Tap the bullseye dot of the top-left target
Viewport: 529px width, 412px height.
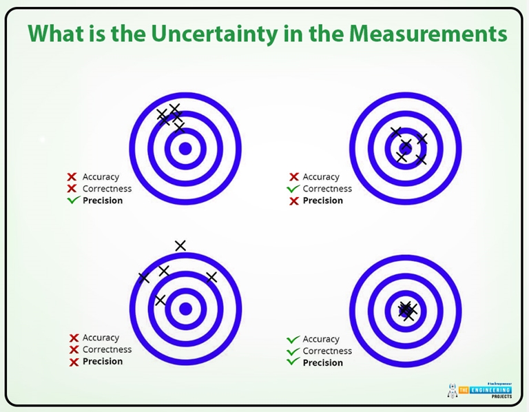tap(185, 148)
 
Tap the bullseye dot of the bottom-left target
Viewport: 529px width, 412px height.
tap(185, 309)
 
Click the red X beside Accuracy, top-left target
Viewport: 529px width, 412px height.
tap(72, 177)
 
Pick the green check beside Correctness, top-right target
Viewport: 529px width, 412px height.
tap(293, 189)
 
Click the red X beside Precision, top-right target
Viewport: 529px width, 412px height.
tap(293, 200)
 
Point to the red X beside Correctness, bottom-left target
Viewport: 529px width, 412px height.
tap(74, 349)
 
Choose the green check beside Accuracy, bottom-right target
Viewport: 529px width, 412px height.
tap(293, 339)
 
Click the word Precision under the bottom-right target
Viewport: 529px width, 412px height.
tap(322, 362)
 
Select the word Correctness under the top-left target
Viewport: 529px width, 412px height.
tap(107, 189)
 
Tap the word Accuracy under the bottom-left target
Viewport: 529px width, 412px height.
tap(101, 338)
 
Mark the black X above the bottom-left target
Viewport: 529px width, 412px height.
tap(180, 245)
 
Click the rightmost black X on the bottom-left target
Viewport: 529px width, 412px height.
tap(211, 277)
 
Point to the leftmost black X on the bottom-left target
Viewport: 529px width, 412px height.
tap(144, 278)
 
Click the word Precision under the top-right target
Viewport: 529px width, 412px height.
tap(322, 200)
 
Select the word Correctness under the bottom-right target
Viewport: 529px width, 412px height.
tap(327, 351)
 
